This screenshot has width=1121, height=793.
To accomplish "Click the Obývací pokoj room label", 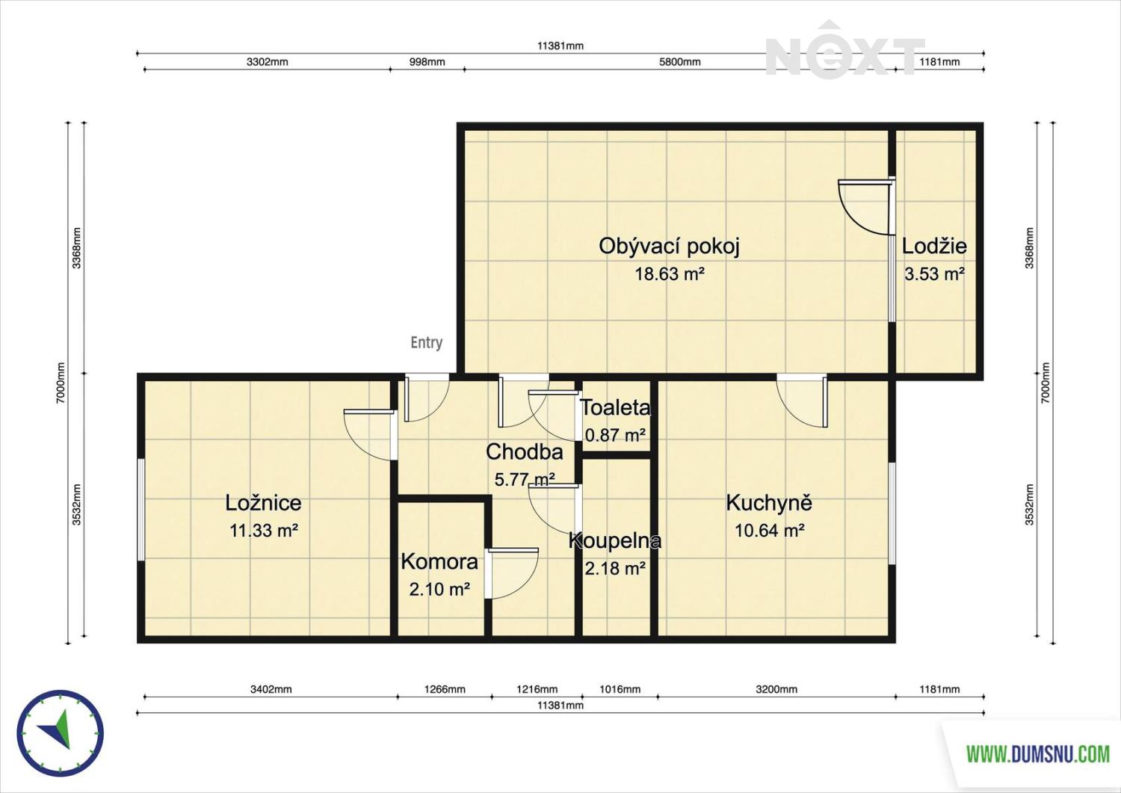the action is click(669, 247).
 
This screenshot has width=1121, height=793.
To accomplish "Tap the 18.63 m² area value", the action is click(670, 274).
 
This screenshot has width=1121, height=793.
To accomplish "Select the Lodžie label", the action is click(934, 246).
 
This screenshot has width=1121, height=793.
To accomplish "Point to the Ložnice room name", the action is click(263, 503).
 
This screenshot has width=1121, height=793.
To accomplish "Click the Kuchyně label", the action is click(769, 502).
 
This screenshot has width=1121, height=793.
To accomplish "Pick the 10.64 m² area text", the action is click(770, 530).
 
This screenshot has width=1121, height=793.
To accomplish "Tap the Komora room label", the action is click(439, 562).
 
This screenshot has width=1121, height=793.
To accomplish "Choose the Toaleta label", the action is click(615, 407).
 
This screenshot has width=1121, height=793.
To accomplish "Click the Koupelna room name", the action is click(615, 540).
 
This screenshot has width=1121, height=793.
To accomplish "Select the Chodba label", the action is click(525, 452).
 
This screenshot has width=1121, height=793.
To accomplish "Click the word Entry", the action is click(427, 342).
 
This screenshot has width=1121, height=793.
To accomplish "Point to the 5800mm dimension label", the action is click(679, 62).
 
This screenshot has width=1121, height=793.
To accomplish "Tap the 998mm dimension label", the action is click(427, 62).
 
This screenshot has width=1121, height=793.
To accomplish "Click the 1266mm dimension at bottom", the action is click(445, 689).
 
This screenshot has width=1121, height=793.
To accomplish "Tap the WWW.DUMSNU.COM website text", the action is click(1038, 754).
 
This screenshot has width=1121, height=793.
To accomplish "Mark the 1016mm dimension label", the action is click(620, 689).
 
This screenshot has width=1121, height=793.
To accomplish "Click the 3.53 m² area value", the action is click(934, 274).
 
